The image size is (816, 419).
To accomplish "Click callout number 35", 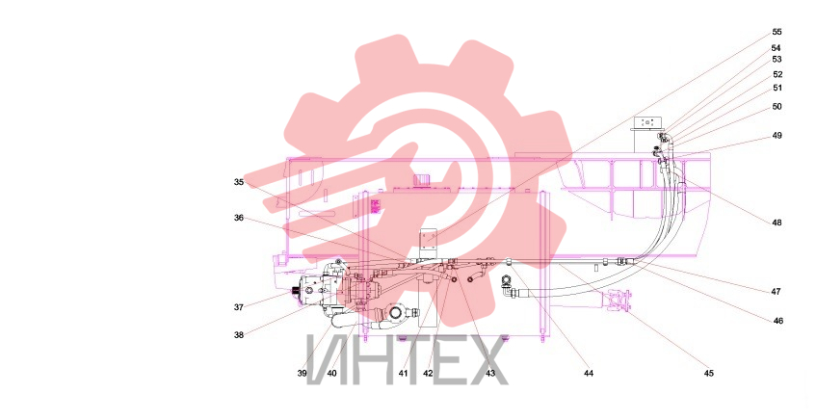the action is pos(239,182).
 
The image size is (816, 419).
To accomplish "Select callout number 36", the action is pos(239,218).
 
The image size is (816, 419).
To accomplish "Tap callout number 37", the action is pos(239,307).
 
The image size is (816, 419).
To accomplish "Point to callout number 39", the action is pos(303,373).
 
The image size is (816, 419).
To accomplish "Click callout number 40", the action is pos(332,373).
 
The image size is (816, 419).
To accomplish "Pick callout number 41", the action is pos(404,373).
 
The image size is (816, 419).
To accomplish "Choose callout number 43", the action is pos(490,373).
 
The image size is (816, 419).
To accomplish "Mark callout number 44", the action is pos(589,373).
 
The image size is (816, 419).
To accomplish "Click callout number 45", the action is pos(709,373).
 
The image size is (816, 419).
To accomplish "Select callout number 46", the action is pos(778,321).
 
